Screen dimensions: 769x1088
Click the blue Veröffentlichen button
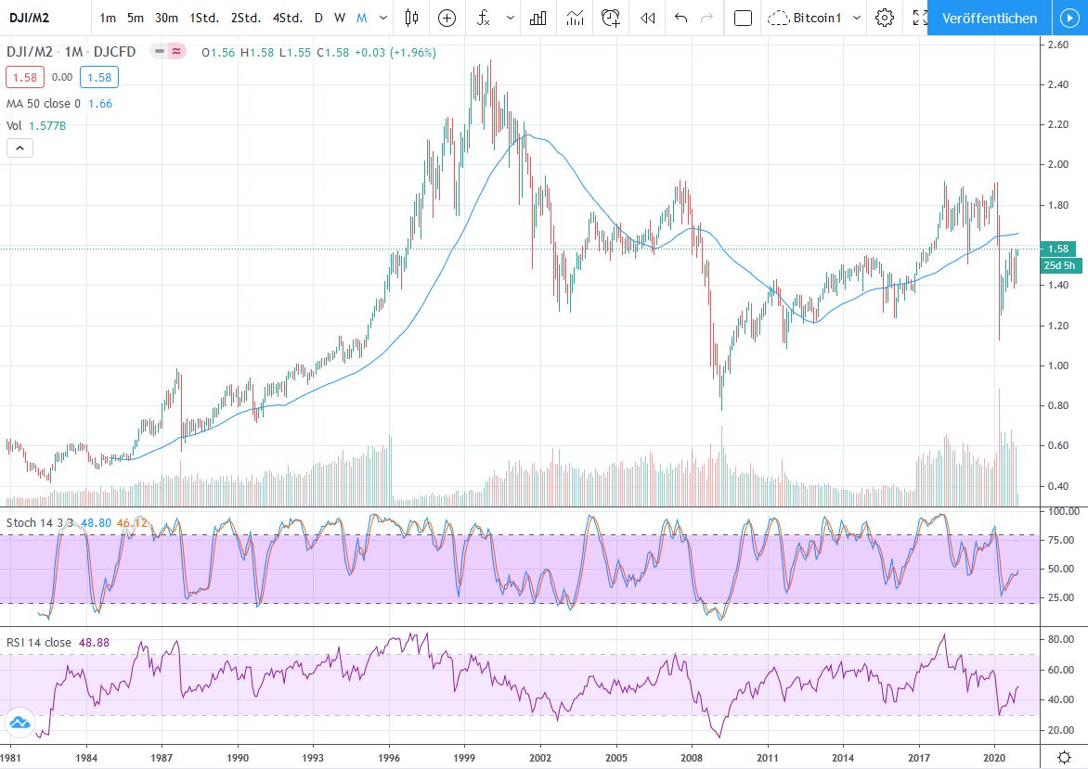click(989, 18)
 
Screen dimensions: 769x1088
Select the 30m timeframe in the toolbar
click(166, 18)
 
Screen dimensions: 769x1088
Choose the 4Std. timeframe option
click(287, 18)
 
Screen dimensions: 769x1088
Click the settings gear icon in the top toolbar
click(885, 18)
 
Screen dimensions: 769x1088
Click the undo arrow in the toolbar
click(680, 18)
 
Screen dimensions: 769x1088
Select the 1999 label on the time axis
click(465, 757)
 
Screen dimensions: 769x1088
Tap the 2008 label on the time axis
click(692, 757)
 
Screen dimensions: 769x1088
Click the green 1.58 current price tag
click(1059, 249)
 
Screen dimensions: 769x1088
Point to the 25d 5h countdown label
click(1059, 265)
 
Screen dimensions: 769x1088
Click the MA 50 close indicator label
click(44, 104)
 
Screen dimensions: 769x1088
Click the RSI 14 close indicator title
click(39, 642)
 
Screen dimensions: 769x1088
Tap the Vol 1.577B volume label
click(34, 125)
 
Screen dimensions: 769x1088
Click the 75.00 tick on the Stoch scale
click(1058, 540)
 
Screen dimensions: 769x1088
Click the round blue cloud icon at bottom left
click(19, 723)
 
